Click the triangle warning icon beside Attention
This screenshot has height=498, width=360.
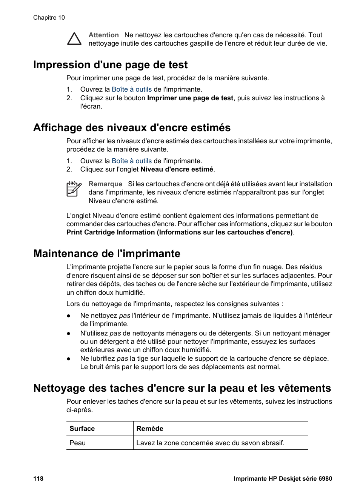coord(74,39)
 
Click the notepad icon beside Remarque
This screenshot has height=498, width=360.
coord(74,189)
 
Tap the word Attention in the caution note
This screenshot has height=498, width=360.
coord(104,35)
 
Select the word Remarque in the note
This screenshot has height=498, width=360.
coord(105,184)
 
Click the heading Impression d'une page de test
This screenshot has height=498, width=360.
coord(110,65)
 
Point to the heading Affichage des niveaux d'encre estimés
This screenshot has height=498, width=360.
coord(132,128)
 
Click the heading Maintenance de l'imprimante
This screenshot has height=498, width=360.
coord(107,254)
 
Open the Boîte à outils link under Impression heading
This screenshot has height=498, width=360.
coord(132,89)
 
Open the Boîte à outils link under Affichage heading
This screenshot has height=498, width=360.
coord(132,161)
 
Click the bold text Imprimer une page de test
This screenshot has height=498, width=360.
coord(190,98)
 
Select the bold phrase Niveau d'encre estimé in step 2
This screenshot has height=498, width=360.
coord(177,169)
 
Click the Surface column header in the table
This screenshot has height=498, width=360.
coord(82,429)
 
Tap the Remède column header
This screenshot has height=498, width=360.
coord(150,429)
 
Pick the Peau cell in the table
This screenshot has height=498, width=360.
coord(78,443)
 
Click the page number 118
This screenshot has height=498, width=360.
coord(38,479)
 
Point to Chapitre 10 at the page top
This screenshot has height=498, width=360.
coord(49,18)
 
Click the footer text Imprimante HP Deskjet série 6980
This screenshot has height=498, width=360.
coord(283,479)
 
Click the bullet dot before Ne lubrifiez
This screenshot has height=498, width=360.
coord(69,359)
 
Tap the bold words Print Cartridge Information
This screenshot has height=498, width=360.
coord(111,232)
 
